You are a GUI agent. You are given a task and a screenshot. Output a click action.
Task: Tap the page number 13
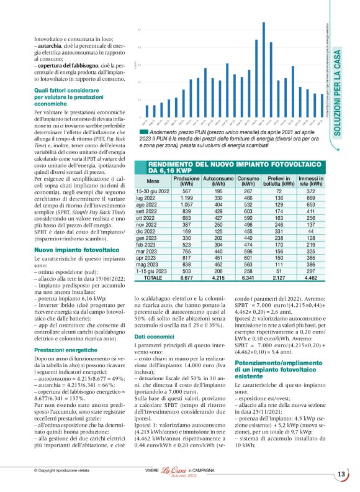[341, 475]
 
